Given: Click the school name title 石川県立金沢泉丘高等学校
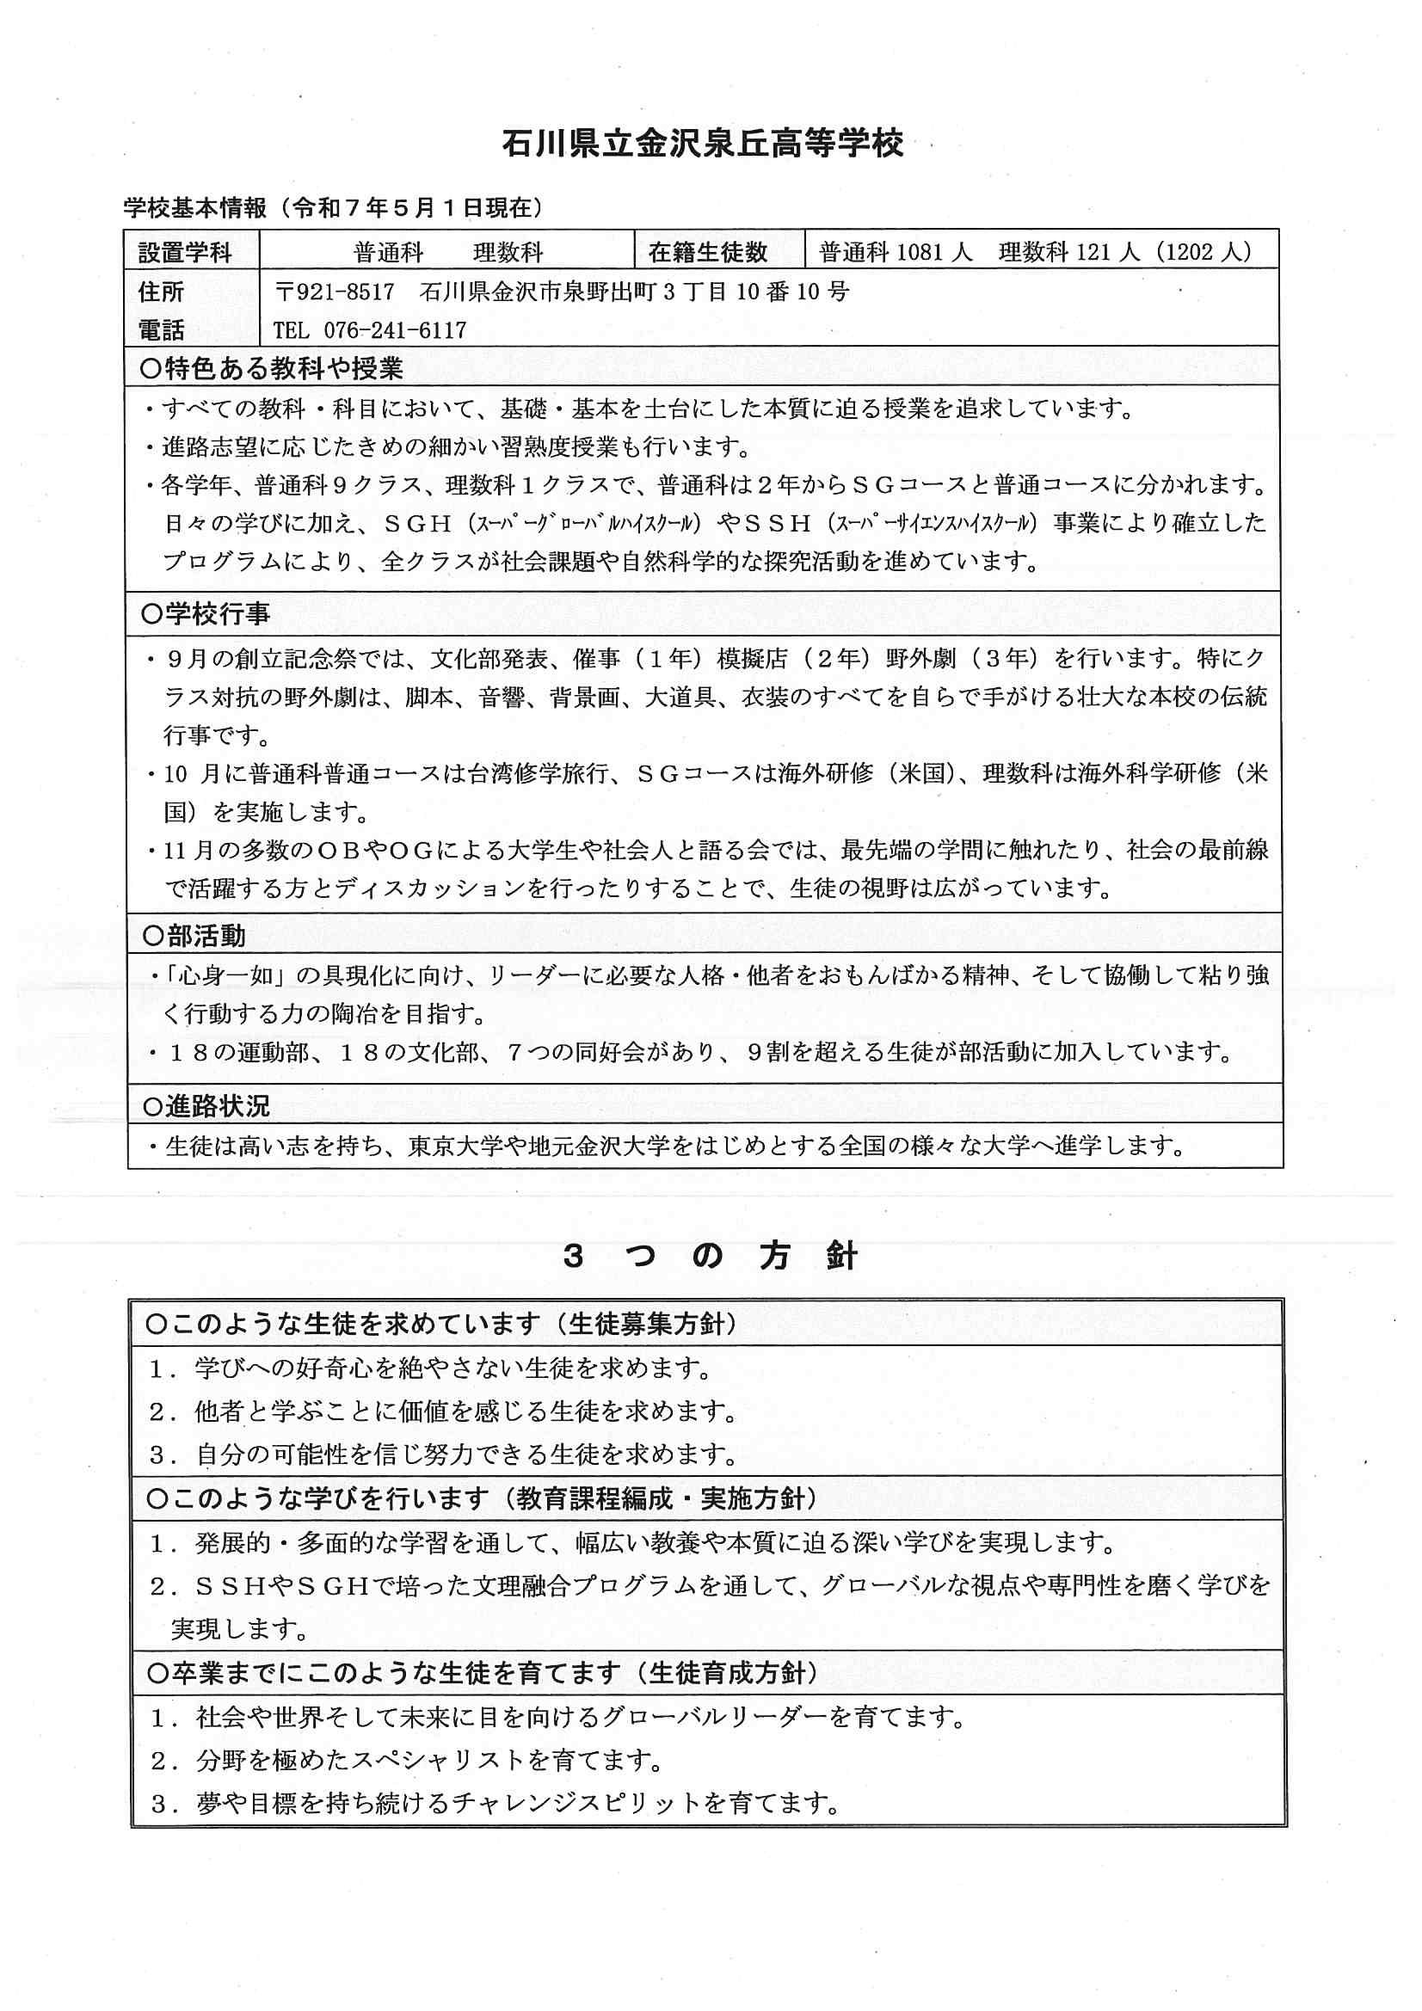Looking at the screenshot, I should (703, 143).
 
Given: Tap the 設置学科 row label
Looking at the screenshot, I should (185, 252).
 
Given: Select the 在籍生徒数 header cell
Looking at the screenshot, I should (708, 252).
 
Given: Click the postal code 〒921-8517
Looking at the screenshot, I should (335, 292).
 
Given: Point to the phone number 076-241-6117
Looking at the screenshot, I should (395, 330).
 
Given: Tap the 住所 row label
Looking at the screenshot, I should (161, 292).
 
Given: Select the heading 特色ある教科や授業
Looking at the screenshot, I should (283, 369).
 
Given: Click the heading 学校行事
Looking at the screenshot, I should (218, 614).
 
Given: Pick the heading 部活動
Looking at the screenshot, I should (206, 936).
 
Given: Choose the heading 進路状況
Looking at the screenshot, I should (218, 1106).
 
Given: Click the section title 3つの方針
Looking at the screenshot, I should (711, 1256).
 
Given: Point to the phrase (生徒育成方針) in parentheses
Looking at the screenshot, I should (727, 1673).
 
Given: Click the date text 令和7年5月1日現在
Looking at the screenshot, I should (413, 207).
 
